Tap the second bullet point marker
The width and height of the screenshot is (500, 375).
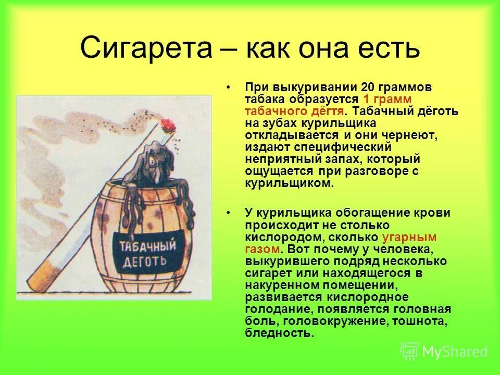coord(229,213)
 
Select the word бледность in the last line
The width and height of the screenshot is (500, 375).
coord(278,333)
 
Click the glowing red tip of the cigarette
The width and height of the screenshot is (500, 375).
coord(167,124)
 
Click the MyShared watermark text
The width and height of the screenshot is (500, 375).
coord(455,352)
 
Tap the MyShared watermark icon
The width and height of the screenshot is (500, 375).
coord(409,352)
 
